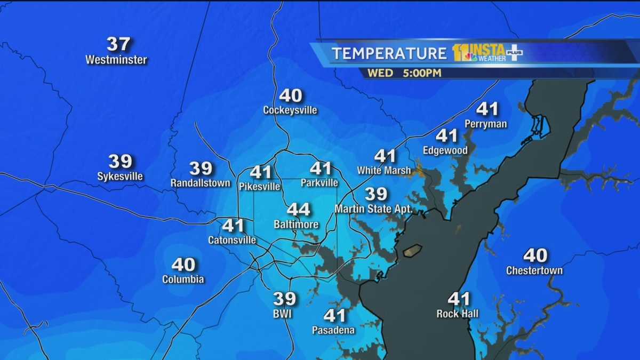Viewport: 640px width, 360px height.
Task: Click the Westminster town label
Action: click(x=116, y=60)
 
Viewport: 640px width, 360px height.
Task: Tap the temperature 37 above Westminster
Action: click(x=118, y=44)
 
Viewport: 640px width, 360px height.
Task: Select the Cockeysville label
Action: click(x=290, y=110)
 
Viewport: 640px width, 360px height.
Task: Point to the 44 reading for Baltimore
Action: click(x=298, y=210)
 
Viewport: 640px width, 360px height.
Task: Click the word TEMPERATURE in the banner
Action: click(x=389, y=53)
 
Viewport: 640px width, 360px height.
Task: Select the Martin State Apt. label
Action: click(x=373, y=209)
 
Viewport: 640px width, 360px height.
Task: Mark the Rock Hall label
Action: click(x=458, y=314)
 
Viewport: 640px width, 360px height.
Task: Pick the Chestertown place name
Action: click(x=534, y=270)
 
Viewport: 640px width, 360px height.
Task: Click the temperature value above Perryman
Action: click(x=487, y=109)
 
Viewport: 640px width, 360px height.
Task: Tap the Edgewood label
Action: click(x=445, y=150)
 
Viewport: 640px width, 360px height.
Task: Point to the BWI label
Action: click(x=282, y=314)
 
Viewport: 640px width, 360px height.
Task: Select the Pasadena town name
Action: click(x=333, y=331)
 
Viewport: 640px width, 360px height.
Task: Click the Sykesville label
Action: click(x=120, y=176)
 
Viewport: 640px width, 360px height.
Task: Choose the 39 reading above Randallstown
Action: click(x=201, y=169)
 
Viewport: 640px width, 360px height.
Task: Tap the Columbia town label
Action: click(x=183, y=279)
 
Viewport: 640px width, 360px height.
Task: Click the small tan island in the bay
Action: click(x=412, y=250)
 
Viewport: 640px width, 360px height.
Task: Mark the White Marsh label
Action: click(x=384, y=171)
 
